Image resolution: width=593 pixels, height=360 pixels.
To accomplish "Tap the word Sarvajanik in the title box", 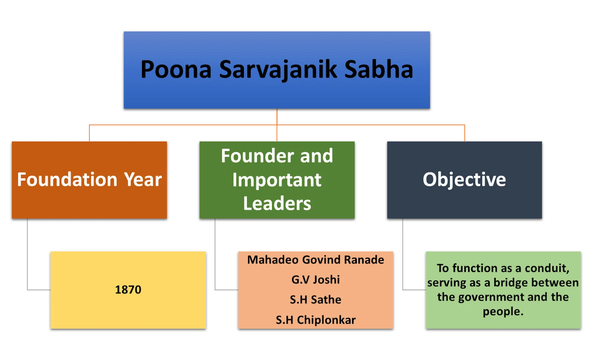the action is [278, 70].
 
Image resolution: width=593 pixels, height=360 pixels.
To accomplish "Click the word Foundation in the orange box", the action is [67, 179].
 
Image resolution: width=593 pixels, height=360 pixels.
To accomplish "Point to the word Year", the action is [143, 180].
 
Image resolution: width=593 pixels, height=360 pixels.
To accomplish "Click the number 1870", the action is [128, 290].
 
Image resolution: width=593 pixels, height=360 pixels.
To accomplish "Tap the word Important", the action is [277, 180].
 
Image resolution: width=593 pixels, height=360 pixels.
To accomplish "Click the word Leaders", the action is [277, 203].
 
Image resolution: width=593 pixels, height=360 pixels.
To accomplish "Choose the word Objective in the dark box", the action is [464, 180].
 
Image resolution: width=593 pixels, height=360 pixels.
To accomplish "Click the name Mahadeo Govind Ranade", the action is [315, 260].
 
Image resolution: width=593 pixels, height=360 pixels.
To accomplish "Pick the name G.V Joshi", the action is [315, 280].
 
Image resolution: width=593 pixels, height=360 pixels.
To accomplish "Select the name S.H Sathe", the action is [315, 300].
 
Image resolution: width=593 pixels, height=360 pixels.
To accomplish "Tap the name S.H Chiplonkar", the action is [315, 320].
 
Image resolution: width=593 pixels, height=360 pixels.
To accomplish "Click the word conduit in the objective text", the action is [547, 268].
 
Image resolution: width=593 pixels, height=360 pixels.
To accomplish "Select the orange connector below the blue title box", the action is [277, 124].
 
